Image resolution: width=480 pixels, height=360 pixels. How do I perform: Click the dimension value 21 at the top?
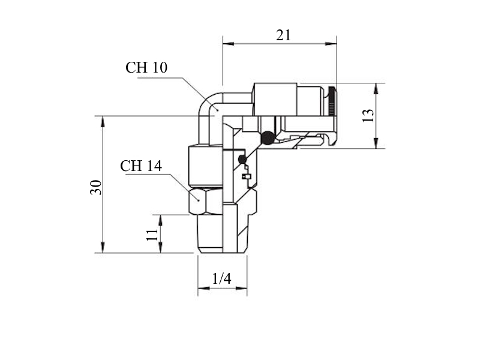(x=283, y=35)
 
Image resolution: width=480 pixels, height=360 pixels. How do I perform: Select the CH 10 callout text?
(x=146, y=67)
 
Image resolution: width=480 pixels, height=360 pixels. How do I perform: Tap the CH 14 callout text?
(x=141, y=166)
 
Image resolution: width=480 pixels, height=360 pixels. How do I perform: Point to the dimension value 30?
(x=95, y=187)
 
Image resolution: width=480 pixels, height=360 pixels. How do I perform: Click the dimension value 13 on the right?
(x=368, y=116)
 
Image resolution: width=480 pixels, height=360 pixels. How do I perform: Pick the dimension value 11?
(x=152, y=235)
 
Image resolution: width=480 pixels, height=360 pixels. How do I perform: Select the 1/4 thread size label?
(x=221, y=278)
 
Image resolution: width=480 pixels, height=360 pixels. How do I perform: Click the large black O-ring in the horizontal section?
(x=268, y=138)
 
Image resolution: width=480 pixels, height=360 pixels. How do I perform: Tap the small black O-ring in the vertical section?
(x=242, y=159)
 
